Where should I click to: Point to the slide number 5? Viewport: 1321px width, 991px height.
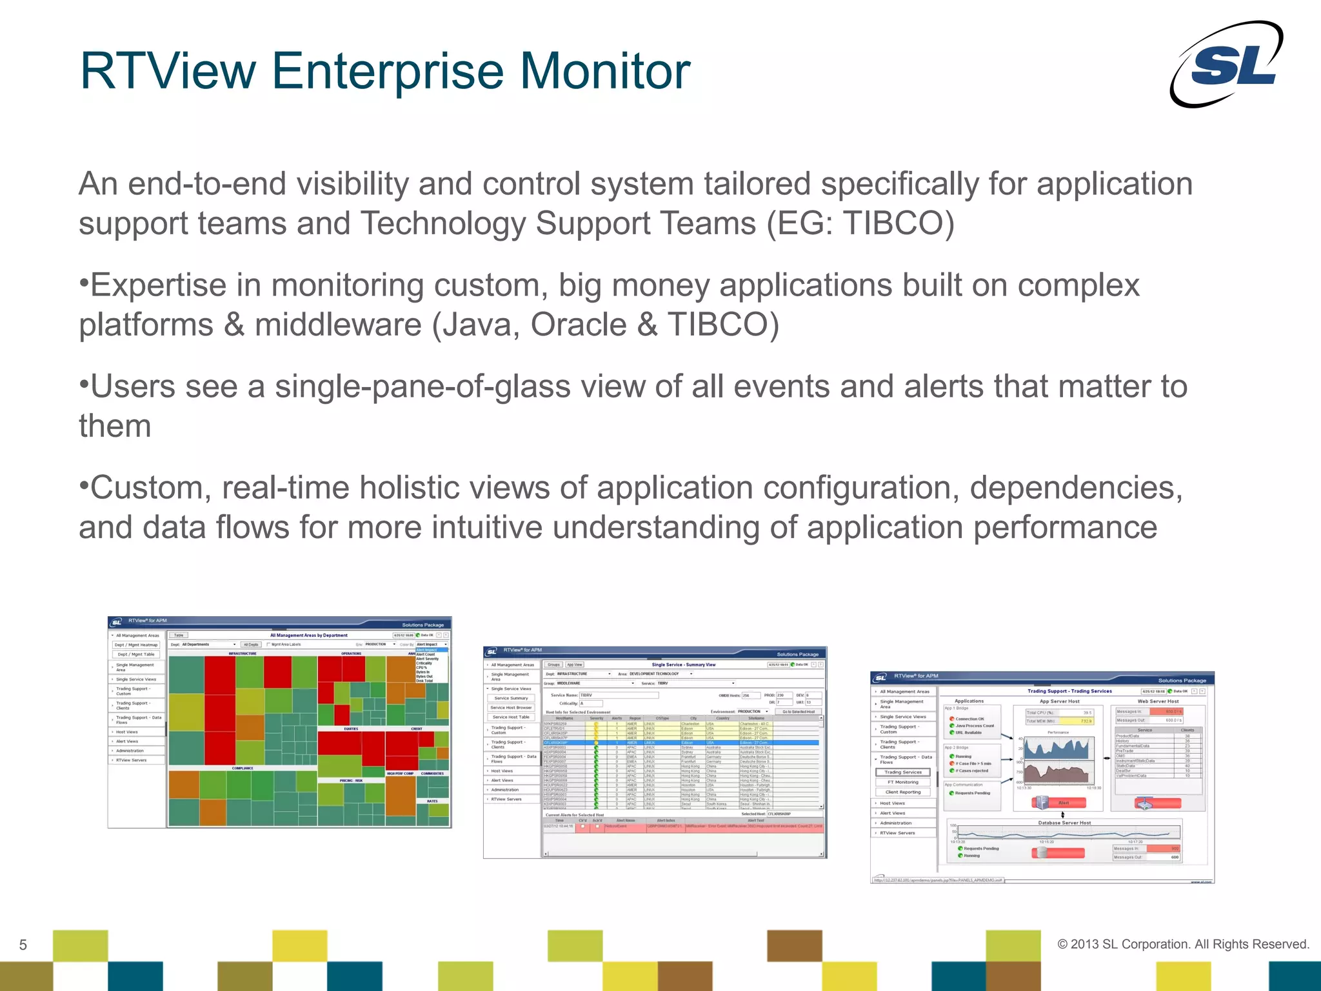pyautogui.click(x=23, y=945)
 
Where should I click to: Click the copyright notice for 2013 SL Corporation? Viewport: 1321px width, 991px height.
pyautogui.click(x=1183, y=944)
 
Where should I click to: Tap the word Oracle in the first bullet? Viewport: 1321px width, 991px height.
pyautogui.click(x=578, y=325)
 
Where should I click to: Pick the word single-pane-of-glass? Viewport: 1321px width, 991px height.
pyautogui.click(x=460, y=387)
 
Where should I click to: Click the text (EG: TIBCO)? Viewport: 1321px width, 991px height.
pyautogui.click(x=860, y=224)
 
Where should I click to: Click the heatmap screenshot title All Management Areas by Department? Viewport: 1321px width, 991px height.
pyautogui.click(x=308, y=635)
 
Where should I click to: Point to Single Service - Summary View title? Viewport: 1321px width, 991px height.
pyautogui.click(x=683, y=665)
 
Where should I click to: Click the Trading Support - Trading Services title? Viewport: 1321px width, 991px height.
pyautogui.click(x=1069, y=691)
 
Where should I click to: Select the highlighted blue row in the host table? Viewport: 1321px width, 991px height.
pyautogui.click(x=680, y=743)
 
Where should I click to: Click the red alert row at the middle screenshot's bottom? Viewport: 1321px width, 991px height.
pyautogui.click(x=683, y=826)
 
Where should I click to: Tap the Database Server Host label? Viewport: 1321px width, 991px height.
pyautogui.click(x=1064, y=823)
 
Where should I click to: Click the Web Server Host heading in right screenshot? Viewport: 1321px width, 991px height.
pyautogui.click(x=1157, y=701)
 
